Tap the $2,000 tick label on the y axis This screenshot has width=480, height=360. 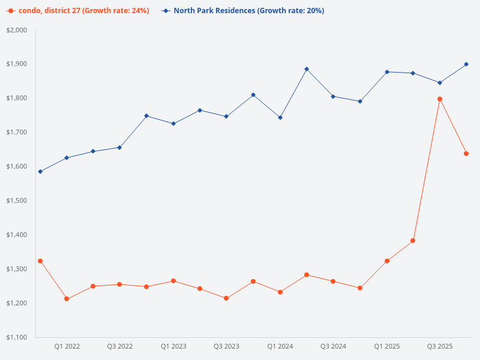20,30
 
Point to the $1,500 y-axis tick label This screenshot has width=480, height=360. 20,200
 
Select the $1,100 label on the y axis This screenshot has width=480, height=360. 20,337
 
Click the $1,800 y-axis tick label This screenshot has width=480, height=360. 20,98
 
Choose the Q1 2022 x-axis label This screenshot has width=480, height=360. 67,346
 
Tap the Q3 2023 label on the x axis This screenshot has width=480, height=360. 226,346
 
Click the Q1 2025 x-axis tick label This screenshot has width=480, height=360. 386,346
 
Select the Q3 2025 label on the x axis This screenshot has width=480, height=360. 440,346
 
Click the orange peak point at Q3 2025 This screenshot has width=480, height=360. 440,99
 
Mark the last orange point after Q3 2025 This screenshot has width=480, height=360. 466,154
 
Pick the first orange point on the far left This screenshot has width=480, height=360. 40,261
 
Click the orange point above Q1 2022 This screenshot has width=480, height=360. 67,299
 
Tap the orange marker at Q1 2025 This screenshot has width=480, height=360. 387,261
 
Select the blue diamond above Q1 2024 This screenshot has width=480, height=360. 280,118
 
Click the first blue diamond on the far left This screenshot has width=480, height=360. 40,172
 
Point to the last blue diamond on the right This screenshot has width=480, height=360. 466,64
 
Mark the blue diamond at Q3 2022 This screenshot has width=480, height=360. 119,148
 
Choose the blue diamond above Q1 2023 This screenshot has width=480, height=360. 173,124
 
